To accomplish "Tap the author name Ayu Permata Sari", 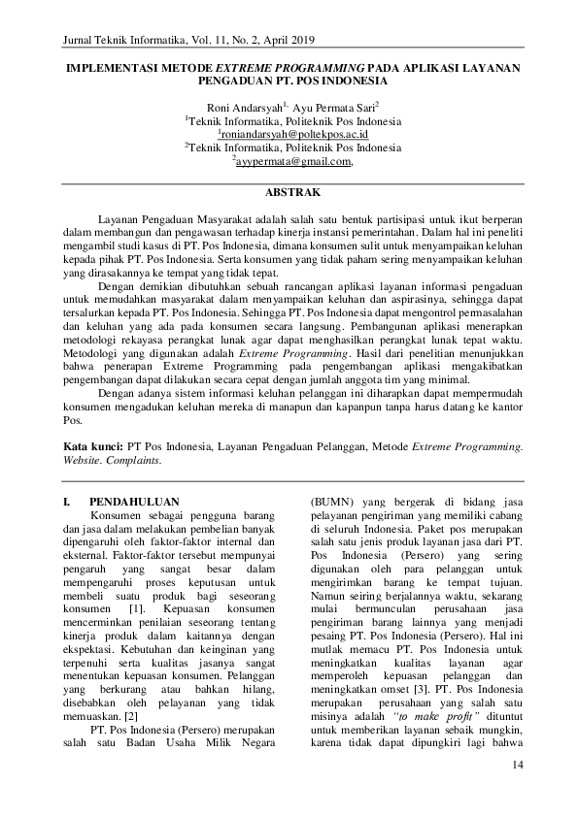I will click(x=341, y=107).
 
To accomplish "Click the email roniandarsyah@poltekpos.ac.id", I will click(x=294, y=134).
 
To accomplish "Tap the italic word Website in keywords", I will click(x=82, y=460).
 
